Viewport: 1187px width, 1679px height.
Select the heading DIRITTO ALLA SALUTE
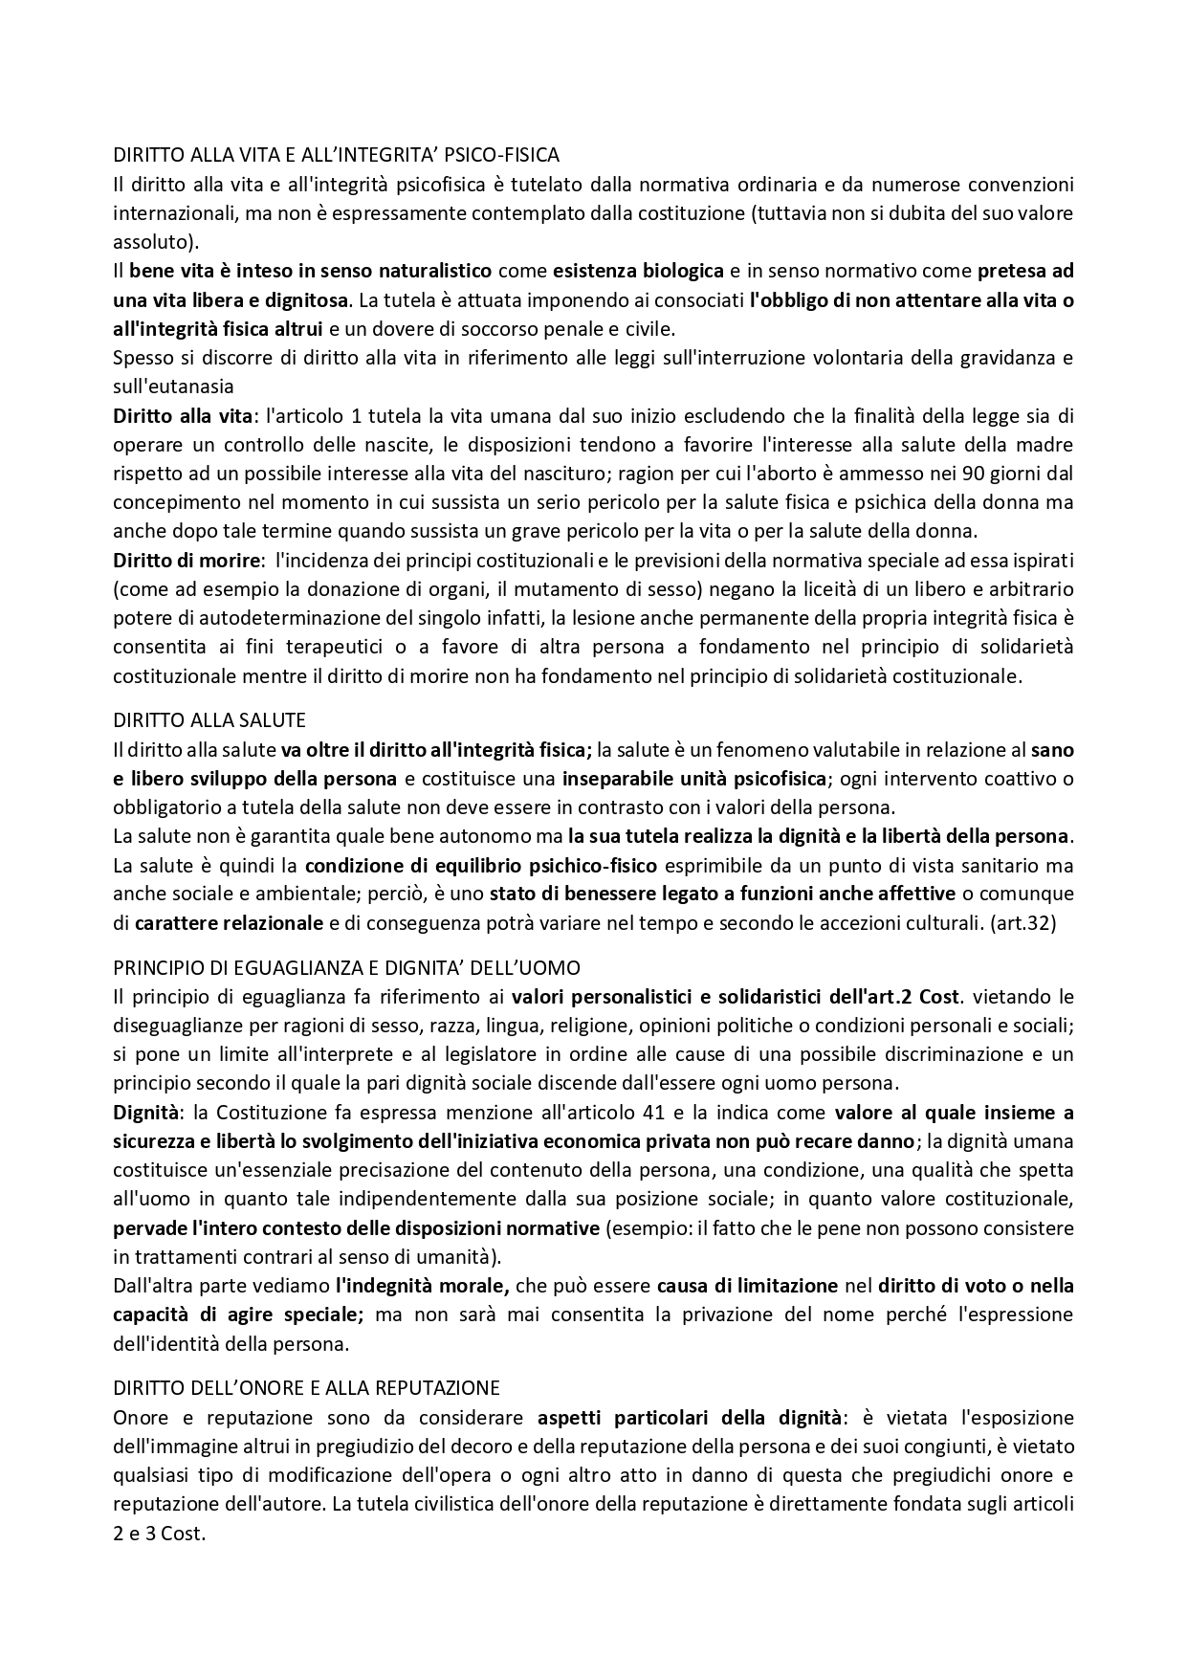[x=209, y=719]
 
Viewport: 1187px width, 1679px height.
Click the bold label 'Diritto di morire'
[x=187, y=560]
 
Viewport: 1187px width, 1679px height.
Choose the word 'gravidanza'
[x=1022, y=358]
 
